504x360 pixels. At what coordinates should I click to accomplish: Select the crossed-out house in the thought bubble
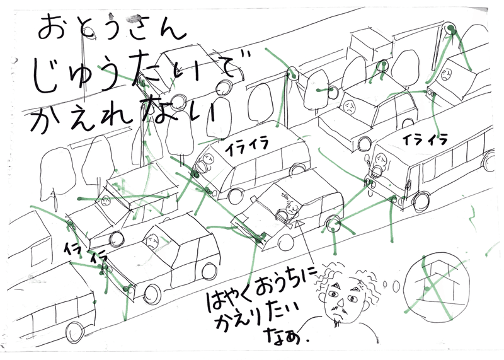[x=434, y=289]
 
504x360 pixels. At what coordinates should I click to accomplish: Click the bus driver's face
[x=381, y=159]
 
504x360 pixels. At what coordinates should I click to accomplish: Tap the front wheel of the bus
[x=421, y=200]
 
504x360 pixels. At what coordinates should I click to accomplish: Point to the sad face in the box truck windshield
[x=446, y=74]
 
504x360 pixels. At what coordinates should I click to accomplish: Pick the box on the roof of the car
[x=370, y=46]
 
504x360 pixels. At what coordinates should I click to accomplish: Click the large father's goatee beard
[x=336, y=322]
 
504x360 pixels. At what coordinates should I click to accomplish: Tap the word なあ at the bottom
[x=285, y=335]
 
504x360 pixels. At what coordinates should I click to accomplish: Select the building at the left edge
[x=29, y=240]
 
